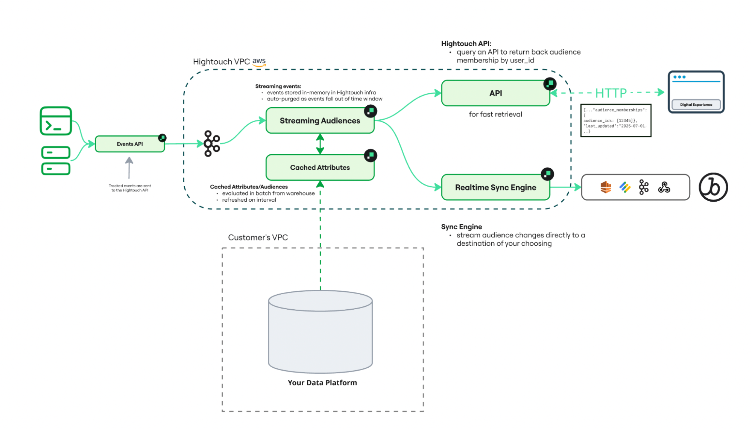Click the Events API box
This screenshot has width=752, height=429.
click(130, 144)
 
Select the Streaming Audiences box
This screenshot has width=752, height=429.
click(320, 121)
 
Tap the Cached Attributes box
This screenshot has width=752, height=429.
click(320, 167)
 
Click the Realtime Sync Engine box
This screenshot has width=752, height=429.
click(495, 187)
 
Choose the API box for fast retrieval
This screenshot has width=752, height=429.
click(495, 93)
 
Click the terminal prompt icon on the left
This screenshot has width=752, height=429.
click(56, 121)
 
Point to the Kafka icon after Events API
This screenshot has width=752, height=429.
click(212, 143)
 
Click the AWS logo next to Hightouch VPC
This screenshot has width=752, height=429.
click(259, 62)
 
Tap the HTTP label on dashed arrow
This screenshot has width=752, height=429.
click(611, 93)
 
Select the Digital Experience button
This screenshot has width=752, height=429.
click(696, 105)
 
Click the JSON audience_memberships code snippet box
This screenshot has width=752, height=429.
click(615, 120)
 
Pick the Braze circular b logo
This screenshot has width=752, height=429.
click(713, 187)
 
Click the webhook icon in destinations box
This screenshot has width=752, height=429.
click(664, 187)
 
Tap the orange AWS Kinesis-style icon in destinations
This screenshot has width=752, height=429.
click(606, 187)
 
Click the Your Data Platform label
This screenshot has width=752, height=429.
click(322, 383)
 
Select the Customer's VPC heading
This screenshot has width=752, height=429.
click(258, 237)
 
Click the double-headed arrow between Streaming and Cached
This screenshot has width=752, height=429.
click(320, 144)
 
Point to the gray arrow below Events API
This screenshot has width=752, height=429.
click(129, 168)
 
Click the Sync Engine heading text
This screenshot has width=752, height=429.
click(462, 227)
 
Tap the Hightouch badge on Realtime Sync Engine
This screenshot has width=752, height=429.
click(547, 174)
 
